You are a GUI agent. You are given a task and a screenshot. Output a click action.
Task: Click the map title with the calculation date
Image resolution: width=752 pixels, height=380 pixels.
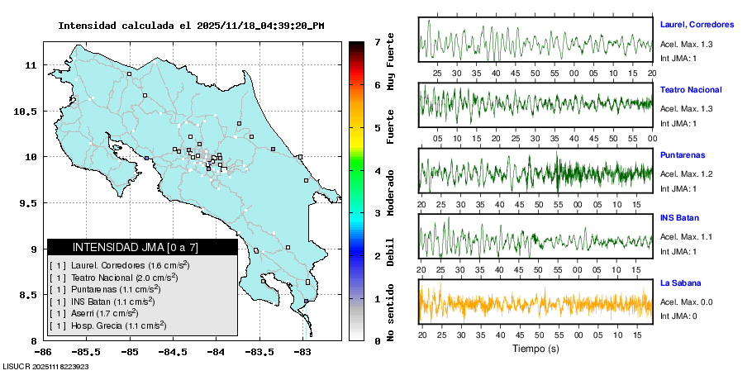coord(191,26)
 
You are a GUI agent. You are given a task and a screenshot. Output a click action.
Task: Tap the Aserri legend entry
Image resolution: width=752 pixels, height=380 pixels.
coord(98,315)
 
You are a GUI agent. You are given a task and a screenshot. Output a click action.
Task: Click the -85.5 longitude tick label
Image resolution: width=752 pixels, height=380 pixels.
coord(86,351)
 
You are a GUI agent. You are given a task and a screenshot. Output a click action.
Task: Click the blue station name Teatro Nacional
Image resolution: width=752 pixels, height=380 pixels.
coord(691,90)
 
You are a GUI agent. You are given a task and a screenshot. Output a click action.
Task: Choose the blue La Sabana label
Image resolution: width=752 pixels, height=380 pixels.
coord(680,283)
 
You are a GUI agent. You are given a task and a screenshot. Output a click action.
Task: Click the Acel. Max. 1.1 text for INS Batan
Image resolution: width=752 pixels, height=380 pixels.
coord(687,237)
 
